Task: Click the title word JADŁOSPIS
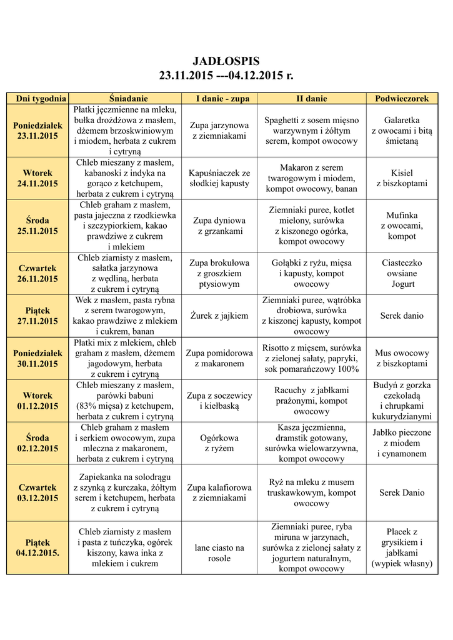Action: tap(226, 61)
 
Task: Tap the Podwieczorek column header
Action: tap(402, 99)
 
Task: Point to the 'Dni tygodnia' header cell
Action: tap(37, 99)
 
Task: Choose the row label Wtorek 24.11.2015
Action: tap(37, 178)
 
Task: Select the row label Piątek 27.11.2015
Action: tap(37, 316)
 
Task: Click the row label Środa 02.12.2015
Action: tap(37, 443)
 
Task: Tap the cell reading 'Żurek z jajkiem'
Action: tap(219, 316)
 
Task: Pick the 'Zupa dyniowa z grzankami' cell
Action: tap(219, 226)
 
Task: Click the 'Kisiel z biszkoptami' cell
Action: tap(402, 178)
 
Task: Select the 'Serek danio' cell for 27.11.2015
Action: tap(402, 316)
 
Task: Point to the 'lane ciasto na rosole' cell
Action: tap(219, 553)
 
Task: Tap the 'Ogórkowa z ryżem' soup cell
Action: tap(219, 443)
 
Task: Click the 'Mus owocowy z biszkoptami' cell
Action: tap(402, 358)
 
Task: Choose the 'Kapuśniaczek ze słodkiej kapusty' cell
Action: tap(219, 178)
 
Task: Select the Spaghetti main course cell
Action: tap(311, 131)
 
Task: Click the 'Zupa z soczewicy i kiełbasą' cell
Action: tap(219, 401)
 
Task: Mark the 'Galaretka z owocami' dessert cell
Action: tap(402, 131)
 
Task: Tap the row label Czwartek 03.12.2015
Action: tap(37, 492)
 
